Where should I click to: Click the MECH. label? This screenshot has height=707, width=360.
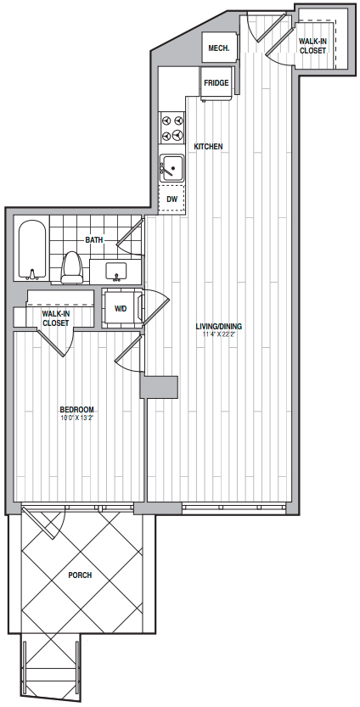[x=219, y=48]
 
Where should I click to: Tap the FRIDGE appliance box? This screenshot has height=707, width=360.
[x=217, y=84]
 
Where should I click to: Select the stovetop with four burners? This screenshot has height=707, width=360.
[x=172, y=127]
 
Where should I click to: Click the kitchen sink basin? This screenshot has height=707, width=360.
[x=172, y=167]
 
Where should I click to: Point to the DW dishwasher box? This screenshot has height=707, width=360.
[x=172, y=199]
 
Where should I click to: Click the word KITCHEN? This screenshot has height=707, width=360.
[x=208, y=147]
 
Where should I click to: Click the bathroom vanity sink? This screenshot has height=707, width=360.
[x=116, y=272]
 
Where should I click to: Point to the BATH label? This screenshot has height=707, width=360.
[x=94, y=240]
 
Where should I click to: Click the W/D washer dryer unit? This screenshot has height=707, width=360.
[x=121, y=309]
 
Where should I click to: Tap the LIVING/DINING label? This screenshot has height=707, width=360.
[x=219, y=327]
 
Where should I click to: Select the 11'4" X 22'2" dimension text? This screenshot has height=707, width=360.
[x=219, y=334]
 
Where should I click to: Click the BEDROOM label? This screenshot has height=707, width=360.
[x=77, y=409]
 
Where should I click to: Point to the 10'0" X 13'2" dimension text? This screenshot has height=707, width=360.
[x=77, y=417]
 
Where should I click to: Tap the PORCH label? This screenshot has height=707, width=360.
[x=80, y=575]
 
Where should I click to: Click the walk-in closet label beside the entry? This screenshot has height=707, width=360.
[x=312, y=46]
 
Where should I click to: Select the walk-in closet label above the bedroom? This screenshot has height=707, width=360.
[x=55, y=318]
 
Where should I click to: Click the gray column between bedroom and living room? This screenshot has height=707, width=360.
[x=159, y=387]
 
